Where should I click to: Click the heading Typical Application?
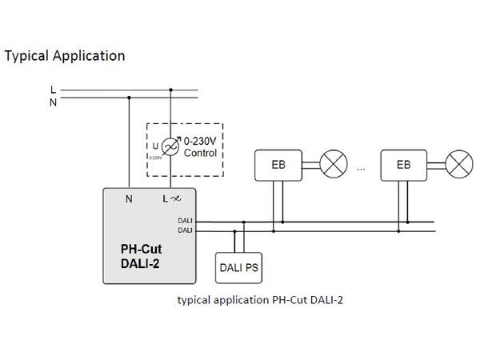click(65, 56)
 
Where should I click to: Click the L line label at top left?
click(53, 89)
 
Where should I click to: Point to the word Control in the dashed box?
click(200, 151)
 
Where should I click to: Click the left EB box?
click(275, 165)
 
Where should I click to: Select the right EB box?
click(403, 165)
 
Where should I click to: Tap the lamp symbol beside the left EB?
click(331, 165)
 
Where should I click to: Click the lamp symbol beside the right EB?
click(458, 165)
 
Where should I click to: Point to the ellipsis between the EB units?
click(362, 169)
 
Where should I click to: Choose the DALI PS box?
click(239, 268)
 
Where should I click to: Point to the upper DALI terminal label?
click(184, 221)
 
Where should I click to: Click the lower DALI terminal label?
click(184, 230)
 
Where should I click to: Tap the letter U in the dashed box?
click(154, 146)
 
